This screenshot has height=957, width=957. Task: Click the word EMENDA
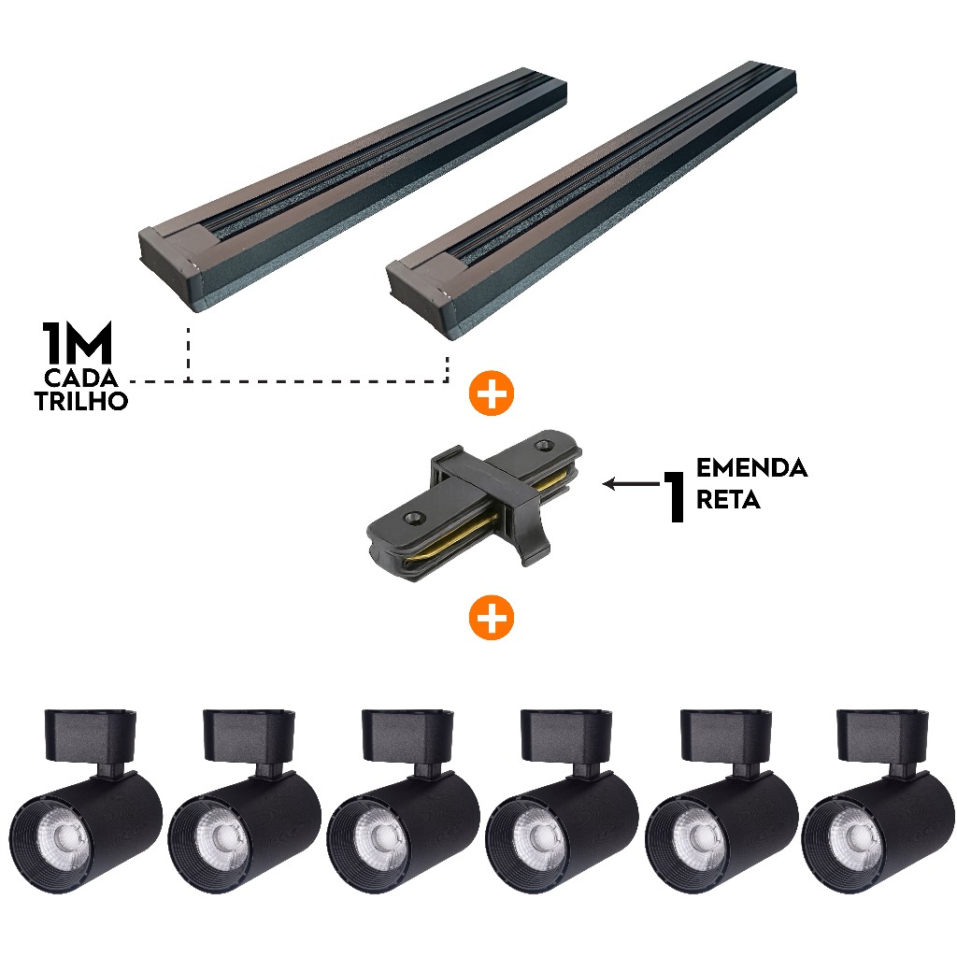751,468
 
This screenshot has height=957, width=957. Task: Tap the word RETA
728,500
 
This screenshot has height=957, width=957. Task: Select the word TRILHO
81,401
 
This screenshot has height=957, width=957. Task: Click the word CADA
80,379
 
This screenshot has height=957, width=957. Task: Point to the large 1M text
77,343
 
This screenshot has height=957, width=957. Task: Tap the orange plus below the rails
492,393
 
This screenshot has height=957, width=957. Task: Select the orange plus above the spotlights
492,617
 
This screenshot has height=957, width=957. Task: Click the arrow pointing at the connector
633,484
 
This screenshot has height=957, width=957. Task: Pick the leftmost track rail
352,189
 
